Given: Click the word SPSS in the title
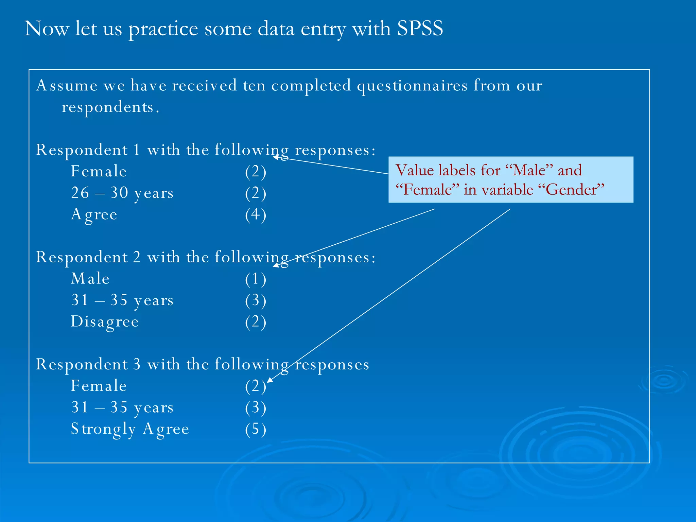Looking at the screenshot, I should pyautogui.click(x=420, y=28).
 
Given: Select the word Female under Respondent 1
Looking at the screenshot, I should pyautogui.click(x=99, y=171).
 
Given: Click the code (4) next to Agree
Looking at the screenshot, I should pyautogui.click(x=256, y=215).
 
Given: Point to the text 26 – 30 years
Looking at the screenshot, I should pyautogui.click(x=122, y=193).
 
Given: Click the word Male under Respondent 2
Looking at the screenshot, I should pyautogui.click(x=90, y=279).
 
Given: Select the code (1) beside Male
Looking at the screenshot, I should pyautogui.click(x=256, y=279).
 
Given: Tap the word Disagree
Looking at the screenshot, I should pyautogui.click(x=105, y=321).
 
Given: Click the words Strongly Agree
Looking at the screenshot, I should pyautogui.click(x=129, y=429).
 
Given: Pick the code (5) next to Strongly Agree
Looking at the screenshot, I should pyautogui.click(x=256, y=429).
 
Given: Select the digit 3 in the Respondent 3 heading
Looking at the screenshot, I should pyautogui.click(x=137, y=364).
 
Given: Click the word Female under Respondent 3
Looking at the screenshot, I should pyautogui.click(x=99, y=386).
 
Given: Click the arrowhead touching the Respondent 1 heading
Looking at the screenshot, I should pyautogui.click(x=276, y=157).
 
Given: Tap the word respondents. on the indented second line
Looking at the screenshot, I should pyautogui.click(x=110, y=107).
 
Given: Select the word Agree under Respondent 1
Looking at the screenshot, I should pyautogui.click(x=94, y=214).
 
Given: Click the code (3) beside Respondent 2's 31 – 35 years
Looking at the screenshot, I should pyautogui.click(x=256, y=300).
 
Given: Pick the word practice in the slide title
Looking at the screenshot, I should pyautogui.click(x=163, y=29).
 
